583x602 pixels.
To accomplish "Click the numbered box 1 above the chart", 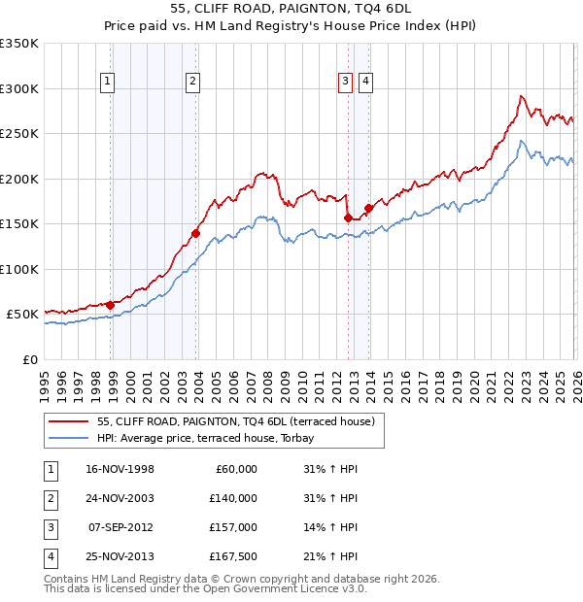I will point(106,82).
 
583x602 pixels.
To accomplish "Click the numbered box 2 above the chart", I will point(193,82).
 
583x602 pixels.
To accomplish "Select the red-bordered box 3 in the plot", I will point(345,82).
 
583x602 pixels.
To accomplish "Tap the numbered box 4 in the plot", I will point(365,82).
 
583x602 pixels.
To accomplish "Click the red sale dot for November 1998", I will point(111,305).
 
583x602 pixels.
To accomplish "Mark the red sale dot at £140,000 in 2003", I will point(196,233).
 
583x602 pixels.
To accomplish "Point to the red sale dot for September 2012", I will point(348,218).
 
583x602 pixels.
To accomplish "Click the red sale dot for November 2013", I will point(368,208).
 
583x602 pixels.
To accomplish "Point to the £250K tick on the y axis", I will point(19,134).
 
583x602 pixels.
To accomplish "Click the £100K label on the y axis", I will point(19,269).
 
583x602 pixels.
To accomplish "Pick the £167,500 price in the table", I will point(233,556).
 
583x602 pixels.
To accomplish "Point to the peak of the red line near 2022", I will point(521,96).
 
